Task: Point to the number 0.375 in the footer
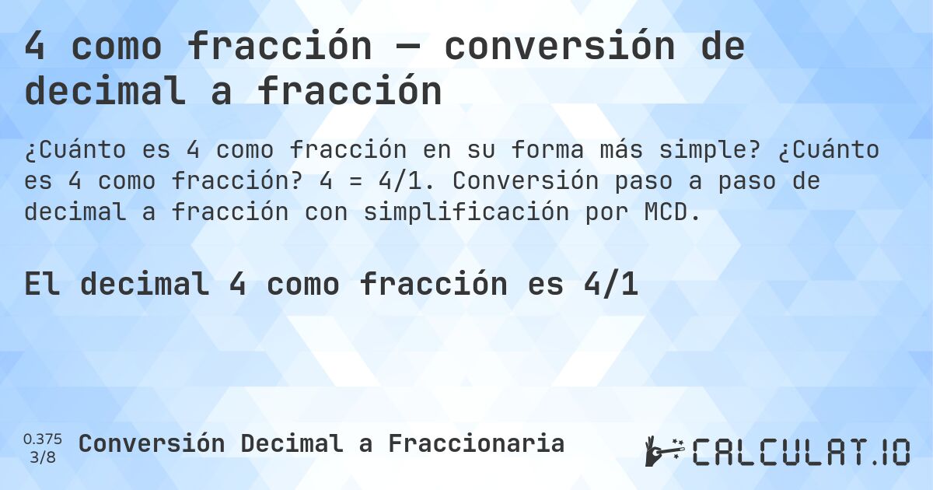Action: tap(43, 439)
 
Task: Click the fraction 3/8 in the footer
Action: tap(43, 457)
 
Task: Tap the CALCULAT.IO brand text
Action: tap(801, 452)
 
